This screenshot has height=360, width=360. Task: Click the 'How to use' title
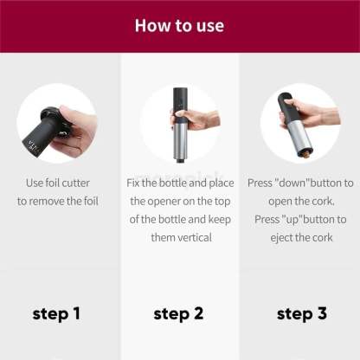(x=179, y=25)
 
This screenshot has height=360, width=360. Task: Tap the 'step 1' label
(x=56, y=313)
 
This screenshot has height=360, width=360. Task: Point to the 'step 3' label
(x=301, y=313)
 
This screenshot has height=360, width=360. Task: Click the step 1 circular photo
(x=56, y=124)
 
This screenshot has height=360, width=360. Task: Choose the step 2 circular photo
(x=179, y=124)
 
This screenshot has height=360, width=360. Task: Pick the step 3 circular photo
(x=299, y=124)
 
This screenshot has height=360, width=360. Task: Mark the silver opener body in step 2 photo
(x=181, y=139)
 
